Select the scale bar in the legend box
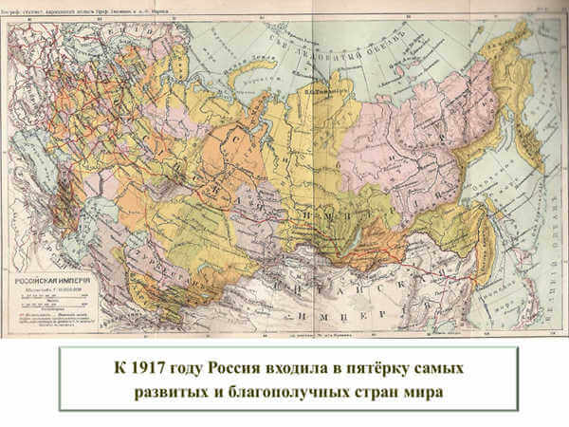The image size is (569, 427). [x=47, y=299]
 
